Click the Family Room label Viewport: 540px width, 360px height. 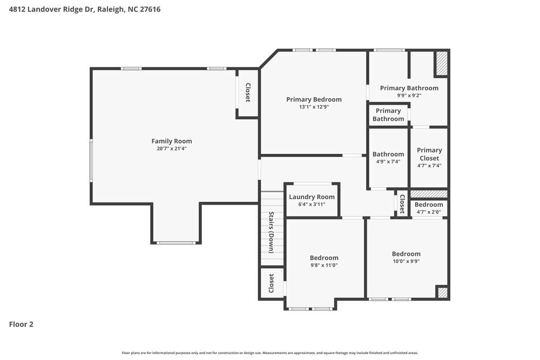171,141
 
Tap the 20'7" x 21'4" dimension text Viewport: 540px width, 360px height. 171,148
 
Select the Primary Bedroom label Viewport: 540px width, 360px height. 314,99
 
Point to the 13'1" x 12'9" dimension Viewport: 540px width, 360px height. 314,107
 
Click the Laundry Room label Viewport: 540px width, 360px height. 312,197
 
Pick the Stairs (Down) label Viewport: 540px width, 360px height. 272,232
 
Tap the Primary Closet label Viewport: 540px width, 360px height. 429,154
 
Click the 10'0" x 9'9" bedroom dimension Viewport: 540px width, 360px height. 406,261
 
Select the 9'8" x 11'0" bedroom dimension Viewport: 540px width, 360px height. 324,265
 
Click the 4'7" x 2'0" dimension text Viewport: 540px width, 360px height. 429,212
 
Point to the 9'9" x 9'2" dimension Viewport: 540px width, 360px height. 409,95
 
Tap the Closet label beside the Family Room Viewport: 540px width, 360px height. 248,92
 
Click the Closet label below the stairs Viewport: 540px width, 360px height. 272,283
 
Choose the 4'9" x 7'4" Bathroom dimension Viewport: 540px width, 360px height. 388,161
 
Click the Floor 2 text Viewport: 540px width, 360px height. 21,324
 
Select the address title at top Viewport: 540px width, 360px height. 85,9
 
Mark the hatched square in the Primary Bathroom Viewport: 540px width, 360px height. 442,63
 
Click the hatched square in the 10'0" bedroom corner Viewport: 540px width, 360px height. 442,293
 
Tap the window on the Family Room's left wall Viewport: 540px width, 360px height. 91,160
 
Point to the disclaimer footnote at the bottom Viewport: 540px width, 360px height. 269,353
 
